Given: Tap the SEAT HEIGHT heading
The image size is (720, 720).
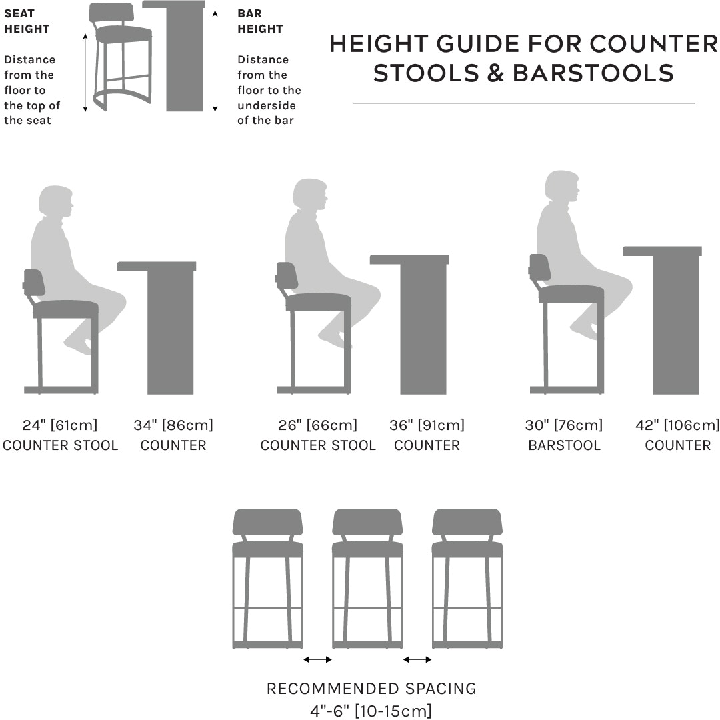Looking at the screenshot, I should [27, 21].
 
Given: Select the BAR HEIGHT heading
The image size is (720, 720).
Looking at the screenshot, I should [260, 21].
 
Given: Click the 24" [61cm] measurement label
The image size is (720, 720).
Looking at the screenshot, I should [60, 425].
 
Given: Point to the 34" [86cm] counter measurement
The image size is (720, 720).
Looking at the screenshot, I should [173, 425].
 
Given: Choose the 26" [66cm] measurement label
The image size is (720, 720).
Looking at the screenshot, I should [318, 425].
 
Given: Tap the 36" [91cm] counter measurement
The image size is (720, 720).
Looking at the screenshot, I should [427, 425].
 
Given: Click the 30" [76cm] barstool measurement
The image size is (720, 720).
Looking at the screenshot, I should [564, 425].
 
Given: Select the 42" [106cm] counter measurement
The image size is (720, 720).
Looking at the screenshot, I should [677, 425].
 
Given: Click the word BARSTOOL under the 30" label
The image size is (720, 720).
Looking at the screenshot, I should [564, 445].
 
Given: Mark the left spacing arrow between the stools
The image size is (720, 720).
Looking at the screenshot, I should [317, 659].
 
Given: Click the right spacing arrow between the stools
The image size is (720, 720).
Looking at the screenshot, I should [417, 659].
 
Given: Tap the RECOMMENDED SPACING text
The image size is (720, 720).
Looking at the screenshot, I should [371, 689].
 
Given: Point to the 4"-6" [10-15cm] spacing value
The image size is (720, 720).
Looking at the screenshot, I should [371, 710].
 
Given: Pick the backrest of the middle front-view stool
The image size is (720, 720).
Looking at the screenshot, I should [367, 521].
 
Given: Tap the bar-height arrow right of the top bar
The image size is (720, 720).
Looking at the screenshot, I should [215, 61].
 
